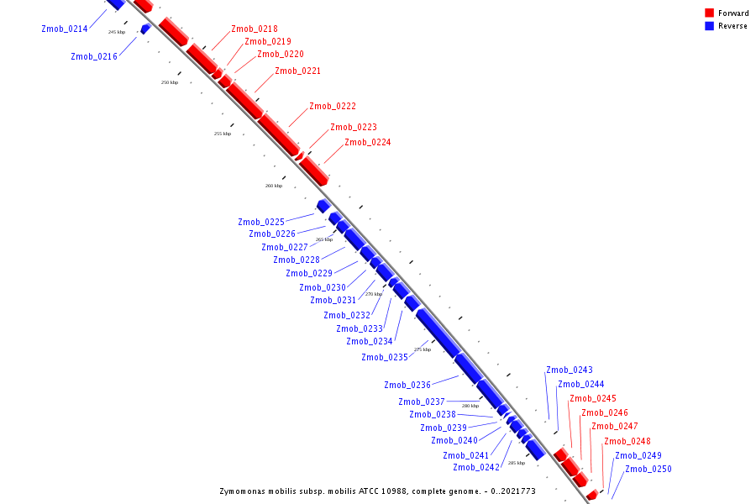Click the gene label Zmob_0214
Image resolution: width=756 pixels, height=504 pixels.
65,29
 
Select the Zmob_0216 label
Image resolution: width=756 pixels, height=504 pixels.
94,56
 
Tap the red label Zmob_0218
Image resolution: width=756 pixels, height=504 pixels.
255,29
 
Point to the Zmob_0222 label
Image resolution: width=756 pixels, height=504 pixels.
333,106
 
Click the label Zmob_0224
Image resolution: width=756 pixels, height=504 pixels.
368,142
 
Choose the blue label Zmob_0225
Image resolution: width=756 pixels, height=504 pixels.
261,222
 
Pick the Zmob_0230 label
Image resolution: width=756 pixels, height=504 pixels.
323,287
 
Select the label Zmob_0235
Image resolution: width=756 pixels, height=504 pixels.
385,357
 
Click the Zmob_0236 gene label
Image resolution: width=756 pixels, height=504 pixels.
407,385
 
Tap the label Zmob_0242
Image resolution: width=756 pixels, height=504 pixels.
476,467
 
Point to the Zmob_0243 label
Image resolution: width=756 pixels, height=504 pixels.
570,370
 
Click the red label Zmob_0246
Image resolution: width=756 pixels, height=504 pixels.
605,412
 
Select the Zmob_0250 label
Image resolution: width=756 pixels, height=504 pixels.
648,469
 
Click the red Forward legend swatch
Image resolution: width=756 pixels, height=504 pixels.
710,13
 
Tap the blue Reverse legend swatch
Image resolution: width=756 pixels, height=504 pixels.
710,25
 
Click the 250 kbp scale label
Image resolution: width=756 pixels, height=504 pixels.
170,82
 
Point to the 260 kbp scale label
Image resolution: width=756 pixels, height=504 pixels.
274,186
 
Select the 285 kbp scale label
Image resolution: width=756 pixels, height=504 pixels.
517,463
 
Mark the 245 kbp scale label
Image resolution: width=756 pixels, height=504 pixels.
117,32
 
